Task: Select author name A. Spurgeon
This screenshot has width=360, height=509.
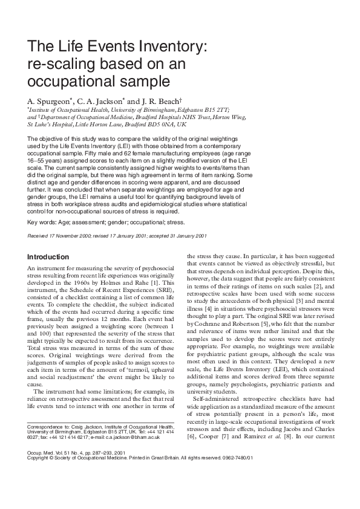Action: [x=50, y=100]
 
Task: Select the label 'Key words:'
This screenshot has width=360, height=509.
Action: [x=41, y=222]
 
